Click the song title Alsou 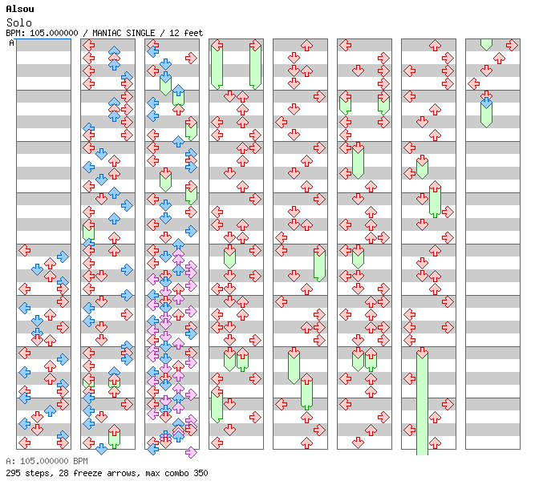19,9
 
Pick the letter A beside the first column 11,42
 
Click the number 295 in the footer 13,473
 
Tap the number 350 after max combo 200,473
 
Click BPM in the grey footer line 78,462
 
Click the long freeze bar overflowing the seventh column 422,401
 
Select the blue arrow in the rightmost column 486,102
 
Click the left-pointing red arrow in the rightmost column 474,83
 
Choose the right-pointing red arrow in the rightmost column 499,58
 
